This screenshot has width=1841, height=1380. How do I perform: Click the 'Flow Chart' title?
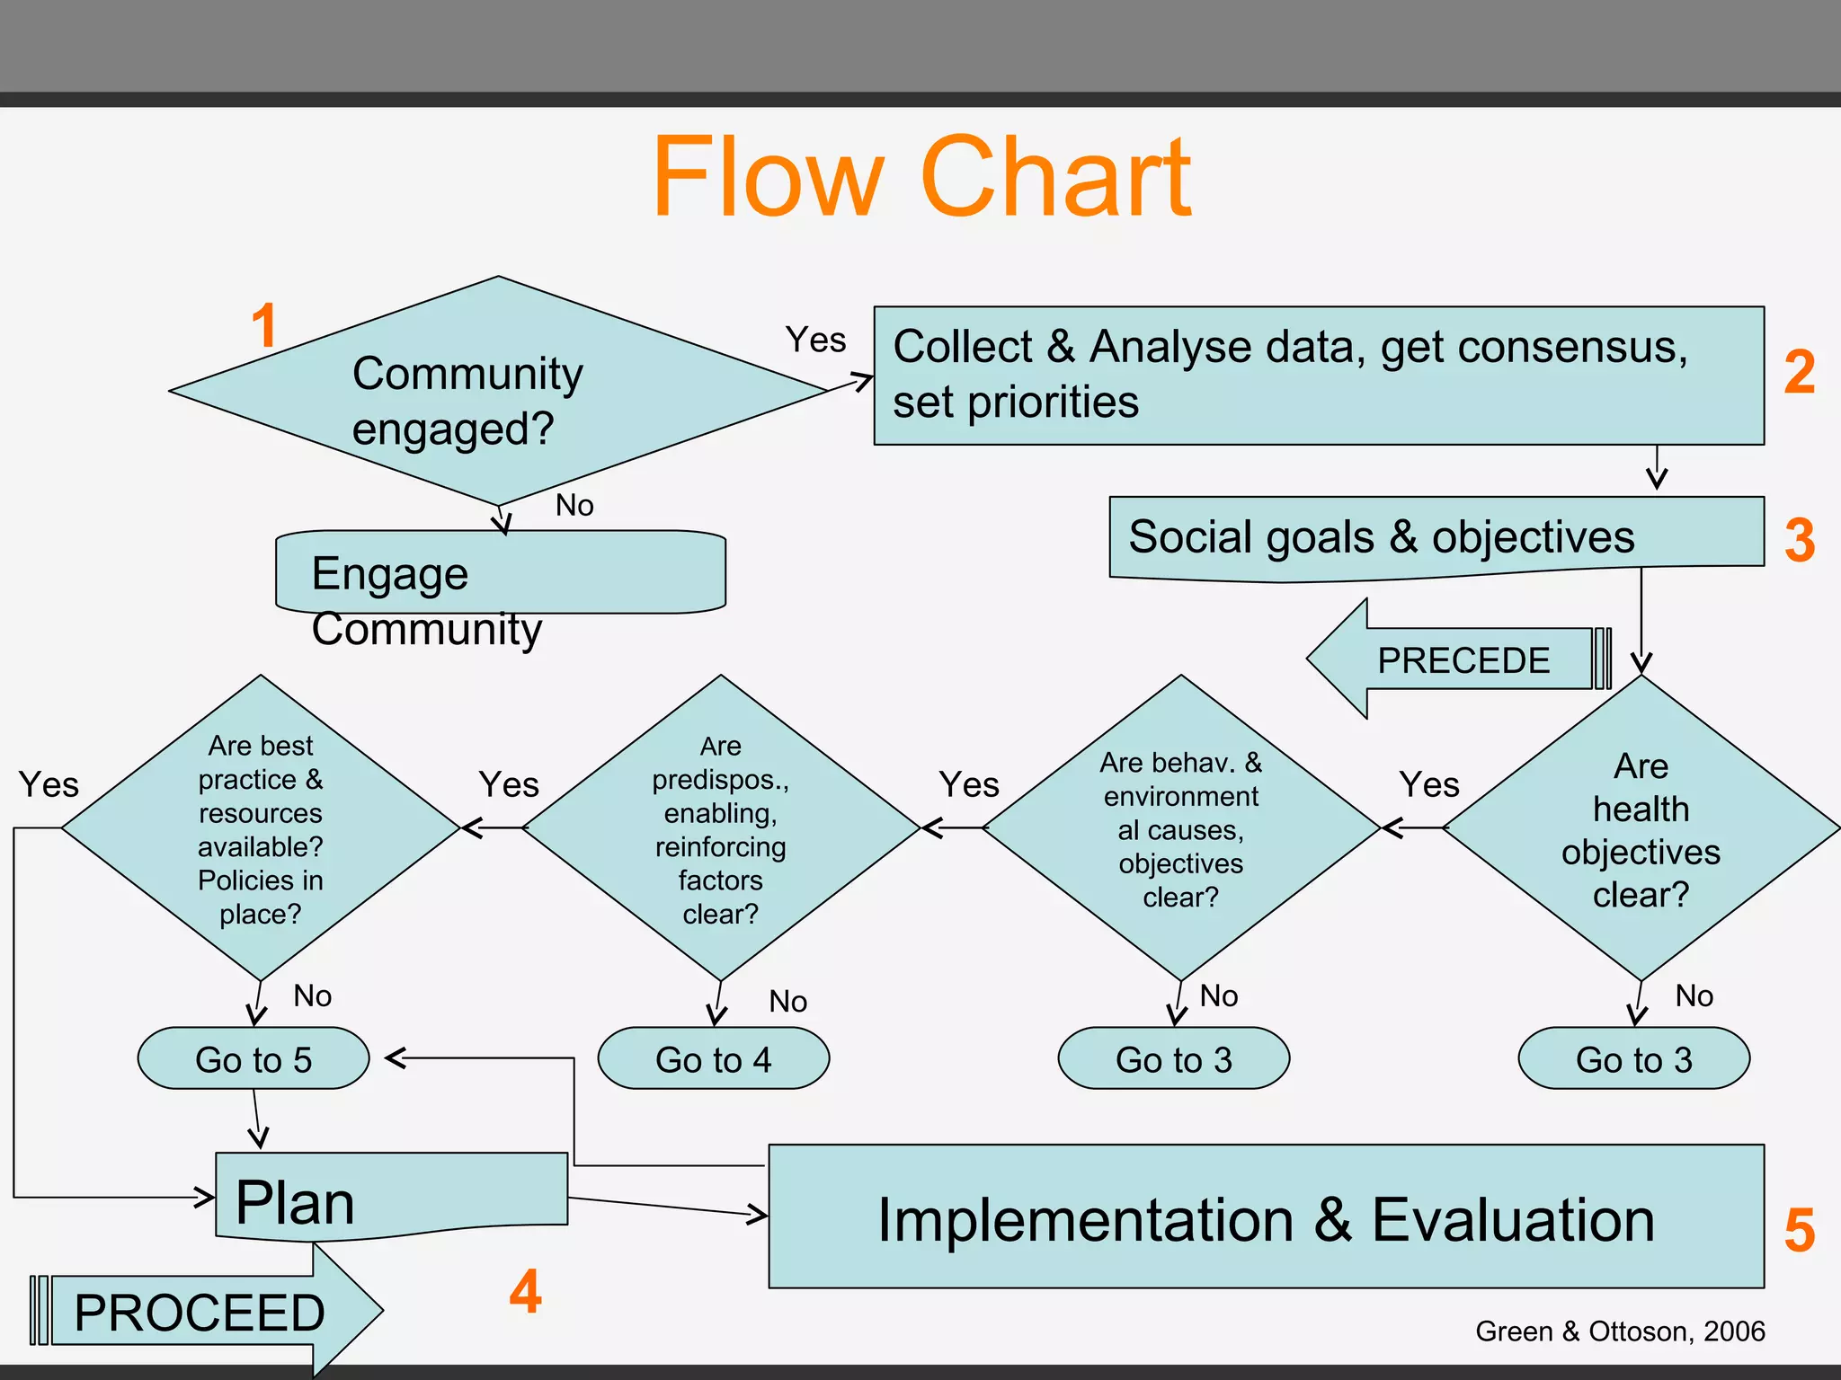pyautogui.click(x=920, y=177)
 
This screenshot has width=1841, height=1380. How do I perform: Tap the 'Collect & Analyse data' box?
pyautogui.click(x=1318, y=376)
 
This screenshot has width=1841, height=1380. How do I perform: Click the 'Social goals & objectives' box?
pyautogui.click(x=1436, y=538)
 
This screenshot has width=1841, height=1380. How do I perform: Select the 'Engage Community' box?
pyautogui.click(x=500, y=572)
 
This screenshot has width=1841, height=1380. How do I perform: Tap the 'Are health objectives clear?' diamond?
pyautogui.click(x=1641, y=828)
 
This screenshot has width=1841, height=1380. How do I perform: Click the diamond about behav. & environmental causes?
pyautogui.click(x=1180, y=828)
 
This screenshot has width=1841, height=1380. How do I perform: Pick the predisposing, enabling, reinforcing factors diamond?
pyautogui.click(x=720, y=828)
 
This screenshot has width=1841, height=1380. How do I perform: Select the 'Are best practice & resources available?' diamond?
pyautogui.click(x=260, y=828)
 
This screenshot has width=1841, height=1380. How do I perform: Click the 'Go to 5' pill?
pyautogui.click(x=253, y=1058)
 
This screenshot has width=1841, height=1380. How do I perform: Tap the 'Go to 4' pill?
pyautogui.click(x=714, y=1058)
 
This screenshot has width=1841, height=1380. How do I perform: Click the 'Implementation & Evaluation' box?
pyautogui.click(x=1266, y=1217)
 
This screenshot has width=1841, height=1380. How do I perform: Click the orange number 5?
pyautogui.click(x=1800, y=1230)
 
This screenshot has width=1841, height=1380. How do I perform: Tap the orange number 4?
pyautogui.click(x=526, y=1291)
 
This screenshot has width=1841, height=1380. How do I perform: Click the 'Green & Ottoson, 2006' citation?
pyautogui.click(x=1620, y=1331)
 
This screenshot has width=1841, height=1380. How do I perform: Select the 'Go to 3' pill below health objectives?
pyautogui.click(x=1633, y=1058)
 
